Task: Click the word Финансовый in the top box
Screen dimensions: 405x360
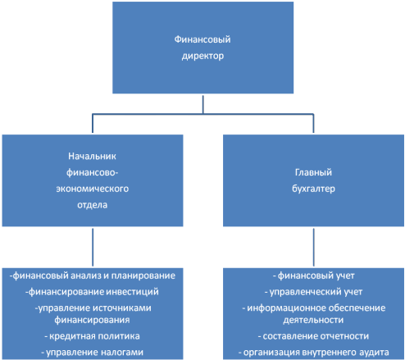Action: pos(202,39)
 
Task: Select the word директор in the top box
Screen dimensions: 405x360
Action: pos(202,56)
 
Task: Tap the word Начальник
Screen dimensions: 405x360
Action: pos(92,156)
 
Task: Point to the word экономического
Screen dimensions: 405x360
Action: pos(93,189)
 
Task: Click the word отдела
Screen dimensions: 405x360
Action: pos(93,205)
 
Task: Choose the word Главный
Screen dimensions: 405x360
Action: pos(313,172)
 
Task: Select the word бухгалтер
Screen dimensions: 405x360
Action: pos(313,189)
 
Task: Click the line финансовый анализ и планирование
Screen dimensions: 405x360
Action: pos(93,276)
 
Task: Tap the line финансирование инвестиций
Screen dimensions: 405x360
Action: pos(92,292)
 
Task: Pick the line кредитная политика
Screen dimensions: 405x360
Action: pos(92,336)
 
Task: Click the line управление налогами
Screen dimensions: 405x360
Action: pos(92,352)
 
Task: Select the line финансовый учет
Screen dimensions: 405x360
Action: pos(313,276)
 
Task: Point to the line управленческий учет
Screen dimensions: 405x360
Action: pos(313,292)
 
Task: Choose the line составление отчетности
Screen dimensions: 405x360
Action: pos(313,336)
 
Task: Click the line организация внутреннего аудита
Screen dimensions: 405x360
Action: pos(313,353)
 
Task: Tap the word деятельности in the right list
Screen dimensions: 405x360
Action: pos(313,320)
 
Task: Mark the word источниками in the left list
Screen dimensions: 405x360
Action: pos(122,308)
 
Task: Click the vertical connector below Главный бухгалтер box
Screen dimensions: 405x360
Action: pos(313,248)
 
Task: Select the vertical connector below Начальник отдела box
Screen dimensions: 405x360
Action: pos(93,248)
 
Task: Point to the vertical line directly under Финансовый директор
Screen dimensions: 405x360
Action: pos(202,104)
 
